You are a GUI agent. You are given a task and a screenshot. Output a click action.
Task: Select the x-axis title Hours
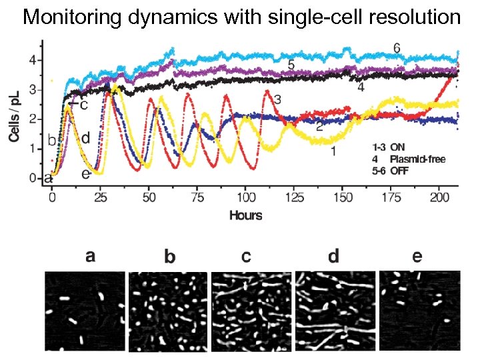tap(245, 215)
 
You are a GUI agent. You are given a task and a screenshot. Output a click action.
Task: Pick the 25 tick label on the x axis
tap(101, 199)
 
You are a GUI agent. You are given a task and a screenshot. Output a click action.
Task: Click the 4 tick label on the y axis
tap(31, 61)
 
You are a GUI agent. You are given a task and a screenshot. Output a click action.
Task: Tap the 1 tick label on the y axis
tap(31, 149)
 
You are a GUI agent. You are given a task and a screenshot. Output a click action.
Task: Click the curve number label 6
tap(396, 48)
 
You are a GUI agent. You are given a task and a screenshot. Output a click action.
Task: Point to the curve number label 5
tap(291, 65)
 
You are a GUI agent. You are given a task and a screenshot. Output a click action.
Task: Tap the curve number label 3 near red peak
tap(277, 99)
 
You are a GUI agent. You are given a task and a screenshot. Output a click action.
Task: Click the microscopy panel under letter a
tap(85, 311)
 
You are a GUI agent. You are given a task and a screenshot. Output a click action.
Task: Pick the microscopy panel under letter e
tap(419, 311)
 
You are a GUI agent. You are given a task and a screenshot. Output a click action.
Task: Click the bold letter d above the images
tap(333, 256)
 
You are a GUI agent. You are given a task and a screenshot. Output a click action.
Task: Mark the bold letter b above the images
tap(169, 257)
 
